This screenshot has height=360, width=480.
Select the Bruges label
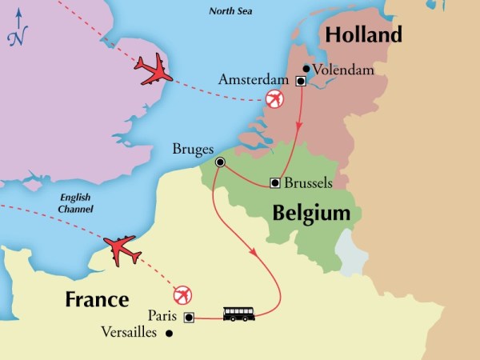[193, 149]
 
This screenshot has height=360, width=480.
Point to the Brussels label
[308, 183]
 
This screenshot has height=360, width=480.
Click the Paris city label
[163, 316]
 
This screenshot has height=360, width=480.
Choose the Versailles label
[128, 332]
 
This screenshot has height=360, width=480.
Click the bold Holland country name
[361, 36]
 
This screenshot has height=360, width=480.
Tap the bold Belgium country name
[311, 214]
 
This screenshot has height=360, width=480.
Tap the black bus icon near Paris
[239, 314]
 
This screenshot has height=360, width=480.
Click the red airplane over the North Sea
[154, 70]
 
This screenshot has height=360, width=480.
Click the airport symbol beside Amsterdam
[274, 98]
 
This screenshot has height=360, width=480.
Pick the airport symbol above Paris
[184, 294]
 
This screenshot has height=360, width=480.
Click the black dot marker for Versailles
[169, 333]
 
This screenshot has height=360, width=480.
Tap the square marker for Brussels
[275, 183]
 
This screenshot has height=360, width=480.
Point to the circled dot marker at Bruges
[220, 162]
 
